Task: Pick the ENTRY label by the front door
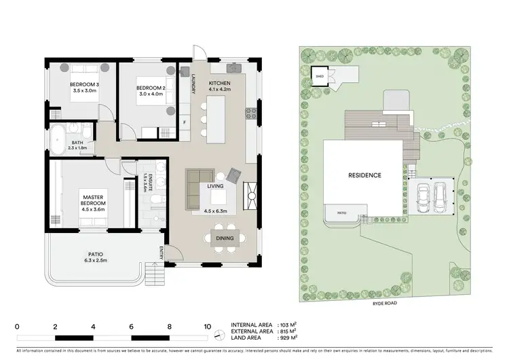tap(162, 252)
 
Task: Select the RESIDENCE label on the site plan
tap(365, 175)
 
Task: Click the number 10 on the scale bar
tap(208, 325)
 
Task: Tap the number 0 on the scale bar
tap(17, 325)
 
